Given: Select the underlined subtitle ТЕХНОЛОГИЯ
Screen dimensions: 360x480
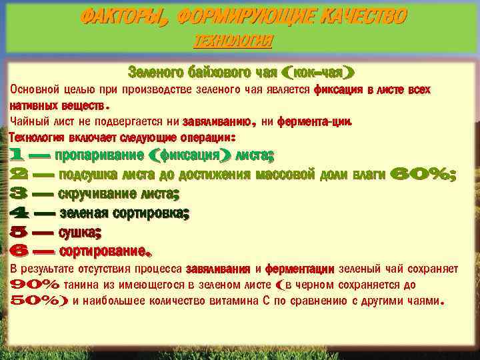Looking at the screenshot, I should pos(233,41).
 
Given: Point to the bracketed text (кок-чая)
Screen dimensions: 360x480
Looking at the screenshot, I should pos(318,71).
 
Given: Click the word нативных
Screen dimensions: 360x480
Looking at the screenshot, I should pos(30,105).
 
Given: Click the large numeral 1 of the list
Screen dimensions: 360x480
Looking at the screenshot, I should pos(19,156).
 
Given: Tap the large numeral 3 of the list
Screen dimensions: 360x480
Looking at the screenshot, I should pos(19,195).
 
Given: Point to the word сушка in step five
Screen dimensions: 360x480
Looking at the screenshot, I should pos(79,233).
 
